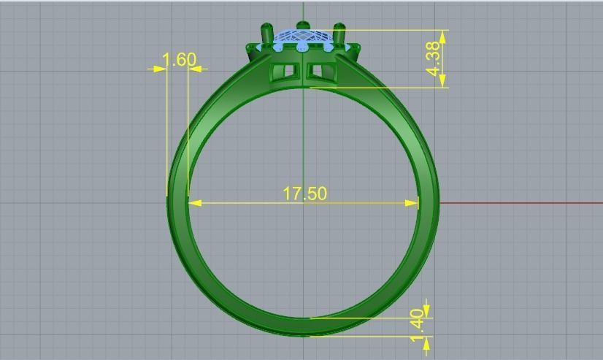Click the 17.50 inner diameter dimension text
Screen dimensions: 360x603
[x=304, y=194]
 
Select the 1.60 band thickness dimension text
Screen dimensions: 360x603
[x=179, y=59]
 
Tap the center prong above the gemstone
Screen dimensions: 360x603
[x=303, y=27]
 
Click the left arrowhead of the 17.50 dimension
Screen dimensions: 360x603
[x=194, y=203]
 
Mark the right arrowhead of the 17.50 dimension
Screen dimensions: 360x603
[x=412, y=203]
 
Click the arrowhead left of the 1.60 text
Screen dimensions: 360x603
[x=161, y=69]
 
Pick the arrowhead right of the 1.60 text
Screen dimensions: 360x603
[x=195, y=69]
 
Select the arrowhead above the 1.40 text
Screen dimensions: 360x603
[x=426, y=312]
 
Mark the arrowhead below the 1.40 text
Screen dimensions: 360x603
[x=426, y=341]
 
